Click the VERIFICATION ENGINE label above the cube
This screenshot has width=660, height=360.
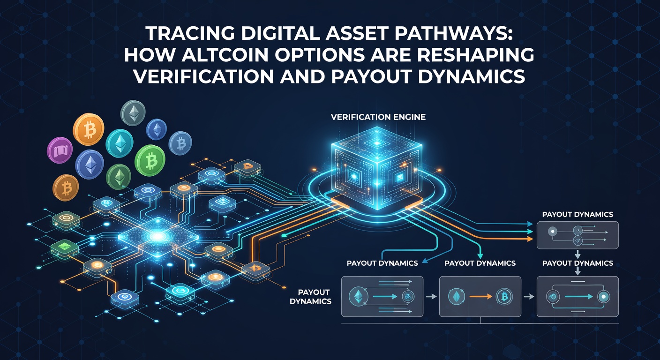click(378, 117)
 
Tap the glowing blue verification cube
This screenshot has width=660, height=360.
click(377, 168)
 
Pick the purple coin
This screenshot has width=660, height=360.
click(60, 150)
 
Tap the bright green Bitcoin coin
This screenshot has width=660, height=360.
click(150, 161)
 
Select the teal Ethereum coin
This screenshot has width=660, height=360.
click(120, 143)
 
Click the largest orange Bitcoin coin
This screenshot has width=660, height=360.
click(89, 129)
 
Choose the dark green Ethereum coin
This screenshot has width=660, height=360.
click(119, 177)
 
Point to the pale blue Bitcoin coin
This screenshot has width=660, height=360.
click(180, 143)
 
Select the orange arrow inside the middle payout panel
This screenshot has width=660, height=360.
click(480, 297)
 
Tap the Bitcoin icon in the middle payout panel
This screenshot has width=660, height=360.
click(504, 297)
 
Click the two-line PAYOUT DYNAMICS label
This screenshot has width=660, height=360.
click(311, 297)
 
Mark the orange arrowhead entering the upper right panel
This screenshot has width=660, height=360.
click(530, 239)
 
